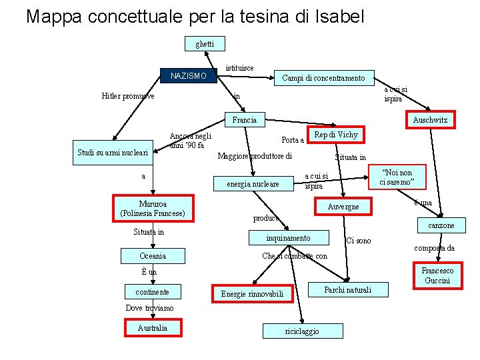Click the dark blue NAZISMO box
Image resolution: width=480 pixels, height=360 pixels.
[187, 76]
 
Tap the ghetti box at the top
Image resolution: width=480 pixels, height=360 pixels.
[205, 44]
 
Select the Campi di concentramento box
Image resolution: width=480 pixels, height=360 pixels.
[323, 78]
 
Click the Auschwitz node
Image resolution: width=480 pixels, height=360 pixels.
[430, 120]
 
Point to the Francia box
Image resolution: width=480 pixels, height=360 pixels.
[245, 120]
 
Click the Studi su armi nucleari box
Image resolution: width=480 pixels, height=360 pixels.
[113, 153]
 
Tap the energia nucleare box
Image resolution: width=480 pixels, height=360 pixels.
[253, 183]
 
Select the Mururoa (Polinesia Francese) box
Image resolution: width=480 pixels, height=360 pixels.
[153, 208]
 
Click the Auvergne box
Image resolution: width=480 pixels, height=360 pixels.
[343, 207]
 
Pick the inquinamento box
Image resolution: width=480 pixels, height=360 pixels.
[288, 238]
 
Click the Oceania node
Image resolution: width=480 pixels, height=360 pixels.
[153, 256]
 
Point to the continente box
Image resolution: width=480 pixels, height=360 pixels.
[152, 292]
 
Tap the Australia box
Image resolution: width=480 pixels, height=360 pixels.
[153, 327]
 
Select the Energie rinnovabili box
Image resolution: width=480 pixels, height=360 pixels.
[252, 293]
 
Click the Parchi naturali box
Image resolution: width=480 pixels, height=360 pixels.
[347, 290]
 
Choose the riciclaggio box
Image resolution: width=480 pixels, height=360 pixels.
[302, 331]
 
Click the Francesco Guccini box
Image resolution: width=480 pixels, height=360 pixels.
[437, 275]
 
